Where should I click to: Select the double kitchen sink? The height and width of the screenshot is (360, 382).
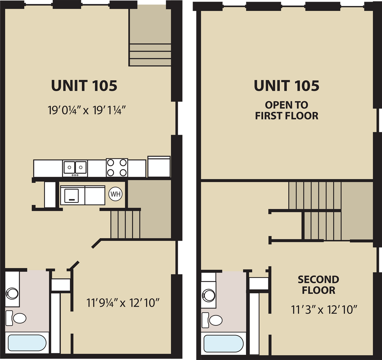coord(75,168)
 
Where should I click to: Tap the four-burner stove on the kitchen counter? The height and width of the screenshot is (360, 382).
coord(117,167)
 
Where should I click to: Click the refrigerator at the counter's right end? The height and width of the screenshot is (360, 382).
coord(159,167)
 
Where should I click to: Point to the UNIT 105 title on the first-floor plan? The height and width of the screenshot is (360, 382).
coord(84,86)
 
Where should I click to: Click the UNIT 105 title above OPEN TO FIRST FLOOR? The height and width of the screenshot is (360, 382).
coord(286,86)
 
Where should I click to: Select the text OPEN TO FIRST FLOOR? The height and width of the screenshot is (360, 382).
coord(286,110)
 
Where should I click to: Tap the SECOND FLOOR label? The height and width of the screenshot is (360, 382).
coord(318,285)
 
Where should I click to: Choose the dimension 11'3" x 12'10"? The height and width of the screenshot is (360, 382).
coord(324,310)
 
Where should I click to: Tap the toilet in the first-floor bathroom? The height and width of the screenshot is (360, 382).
coord(17,318)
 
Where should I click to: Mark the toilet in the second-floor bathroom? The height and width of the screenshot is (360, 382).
coord(213,321)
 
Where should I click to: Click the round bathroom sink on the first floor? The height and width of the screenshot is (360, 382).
coord(12,293)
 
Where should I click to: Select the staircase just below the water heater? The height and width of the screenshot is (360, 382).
coord(125,224)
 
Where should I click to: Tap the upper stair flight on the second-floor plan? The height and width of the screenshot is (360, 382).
coord(315,195)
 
